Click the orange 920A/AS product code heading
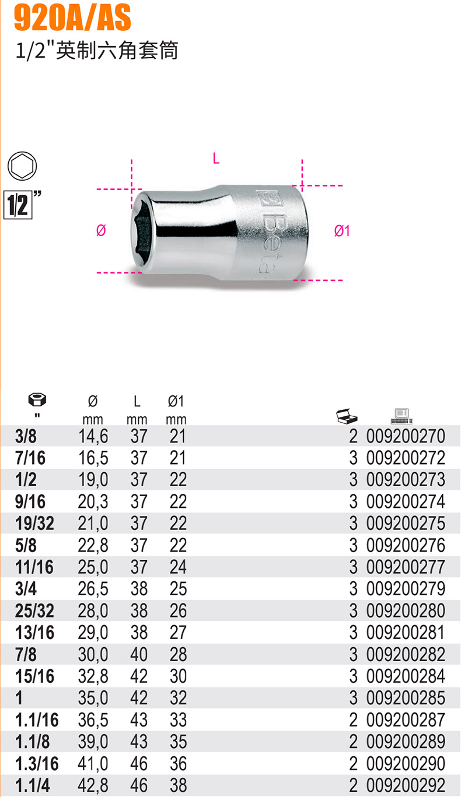(72, 18)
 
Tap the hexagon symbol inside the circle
(22, 166)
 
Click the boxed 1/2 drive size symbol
(18, 205)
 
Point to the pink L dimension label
(216, 159)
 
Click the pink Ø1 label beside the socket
(342, 231)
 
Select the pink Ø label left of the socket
(101, 230)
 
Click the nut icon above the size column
(37, 399)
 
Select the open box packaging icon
(347, 416)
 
